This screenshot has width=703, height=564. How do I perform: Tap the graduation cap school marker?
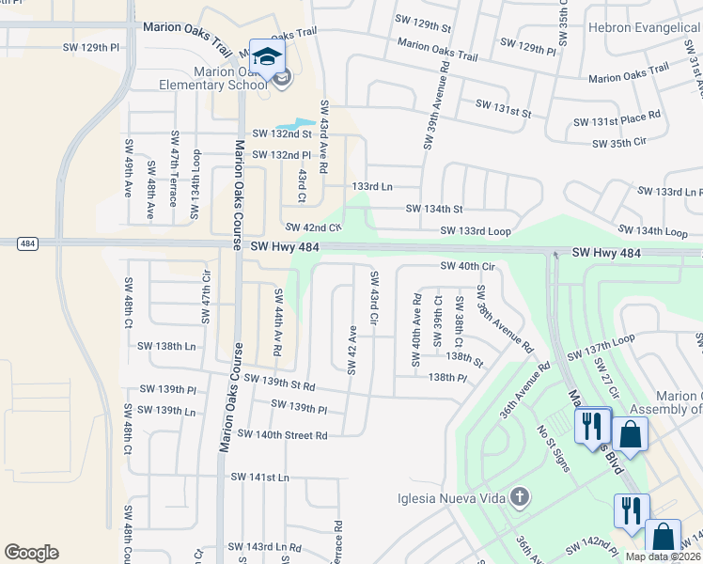click(267, 57)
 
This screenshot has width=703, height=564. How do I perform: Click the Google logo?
click(31, 553)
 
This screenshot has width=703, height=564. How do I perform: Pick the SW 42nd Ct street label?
click(313, 227)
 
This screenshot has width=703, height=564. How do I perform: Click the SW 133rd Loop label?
click(476, 231)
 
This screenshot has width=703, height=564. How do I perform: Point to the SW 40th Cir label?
click(467, 267)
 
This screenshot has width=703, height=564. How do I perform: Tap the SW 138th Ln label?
click(166, 346)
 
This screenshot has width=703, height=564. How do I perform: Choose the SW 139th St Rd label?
click(279, 381)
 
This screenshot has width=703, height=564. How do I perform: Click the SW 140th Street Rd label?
click(282, 434)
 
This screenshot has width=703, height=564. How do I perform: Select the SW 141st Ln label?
click(260, 478)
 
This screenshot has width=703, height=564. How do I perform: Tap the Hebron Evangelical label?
click(644, 28)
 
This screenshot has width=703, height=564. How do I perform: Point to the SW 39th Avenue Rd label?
click(434, 105)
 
